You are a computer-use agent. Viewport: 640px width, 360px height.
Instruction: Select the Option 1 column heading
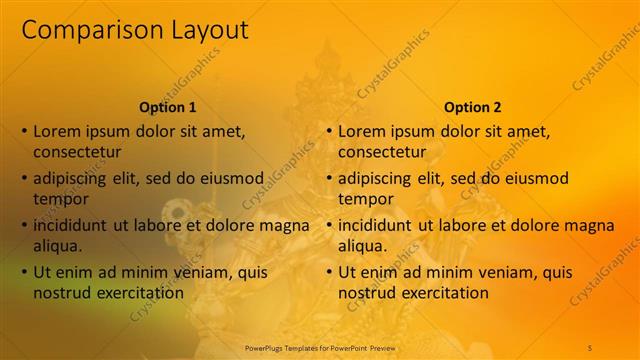[x=167, y=107]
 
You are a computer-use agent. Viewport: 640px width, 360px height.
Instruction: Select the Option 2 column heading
[x=473, y=107]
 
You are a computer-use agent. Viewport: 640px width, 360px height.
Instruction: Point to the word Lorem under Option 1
[x=56, y=131]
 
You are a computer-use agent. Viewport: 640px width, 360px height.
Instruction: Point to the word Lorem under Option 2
[x=361, y=131]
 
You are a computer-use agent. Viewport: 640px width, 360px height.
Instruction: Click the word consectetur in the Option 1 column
[x=77, y=152]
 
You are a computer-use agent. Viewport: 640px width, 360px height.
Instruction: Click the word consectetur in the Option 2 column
[x=382, y=152]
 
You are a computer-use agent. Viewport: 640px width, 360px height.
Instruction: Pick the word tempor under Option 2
[x=366, y=199]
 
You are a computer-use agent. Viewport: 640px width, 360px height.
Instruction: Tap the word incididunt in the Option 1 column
[x=70, y=225]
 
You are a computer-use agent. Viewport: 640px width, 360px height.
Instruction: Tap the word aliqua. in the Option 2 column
[x=362, y=246]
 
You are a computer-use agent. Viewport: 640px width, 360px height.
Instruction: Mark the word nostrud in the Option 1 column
[x=60, y=293]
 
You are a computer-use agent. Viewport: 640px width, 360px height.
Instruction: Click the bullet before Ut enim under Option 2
[x=329, y=272]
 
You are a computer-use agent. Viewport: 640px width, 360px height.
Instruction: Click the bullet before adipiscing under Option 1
[x=24, y=178]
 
